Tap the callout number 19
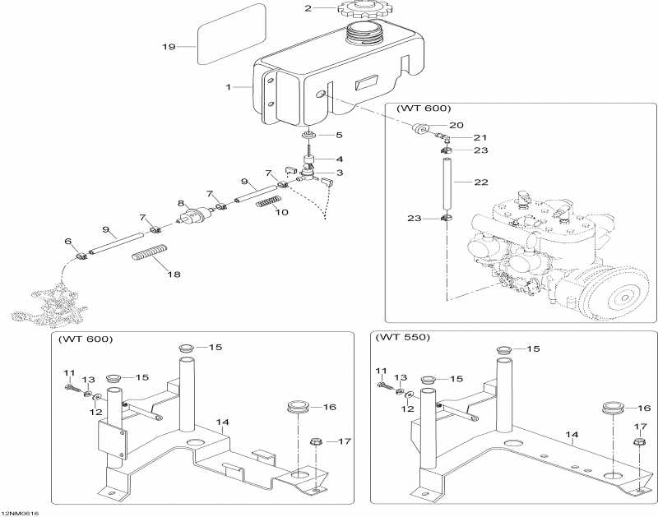tap(169, 47)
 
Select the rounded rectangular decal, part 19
tap(232, 34)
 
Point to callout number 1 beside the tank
tap(229, 87)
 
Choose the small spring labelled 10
tap(268, 201)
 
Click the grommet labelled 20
tap(419, 128)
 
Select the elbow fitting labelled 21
tap(443, 136)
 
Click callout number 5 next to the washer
tap(339, 135)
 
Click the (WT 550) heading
tap(402, 337)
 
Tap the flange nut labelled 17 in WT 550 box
tap(639, 441)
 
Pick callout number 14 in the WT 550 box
tap(572, 435)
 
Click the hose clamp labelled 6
tap(81, 255)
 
